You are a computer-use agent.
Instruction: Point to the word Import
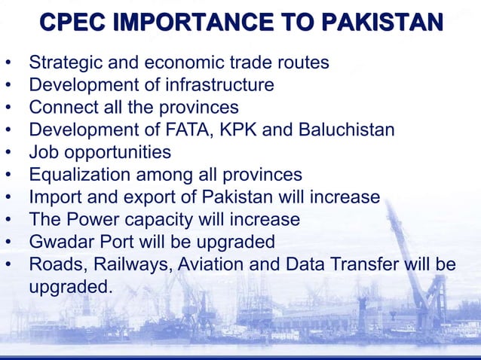[x=57, y=197]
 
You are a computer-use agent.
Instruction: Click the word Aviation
[x=216, y=265]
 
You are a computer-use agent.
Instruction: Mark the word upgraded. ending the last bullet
[x=70, y=287]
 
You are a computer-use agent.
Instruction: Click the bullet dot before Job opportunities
[x=9, y=153]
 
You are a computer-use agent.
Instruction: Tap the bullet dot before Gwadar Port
[x=9, y=243]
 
